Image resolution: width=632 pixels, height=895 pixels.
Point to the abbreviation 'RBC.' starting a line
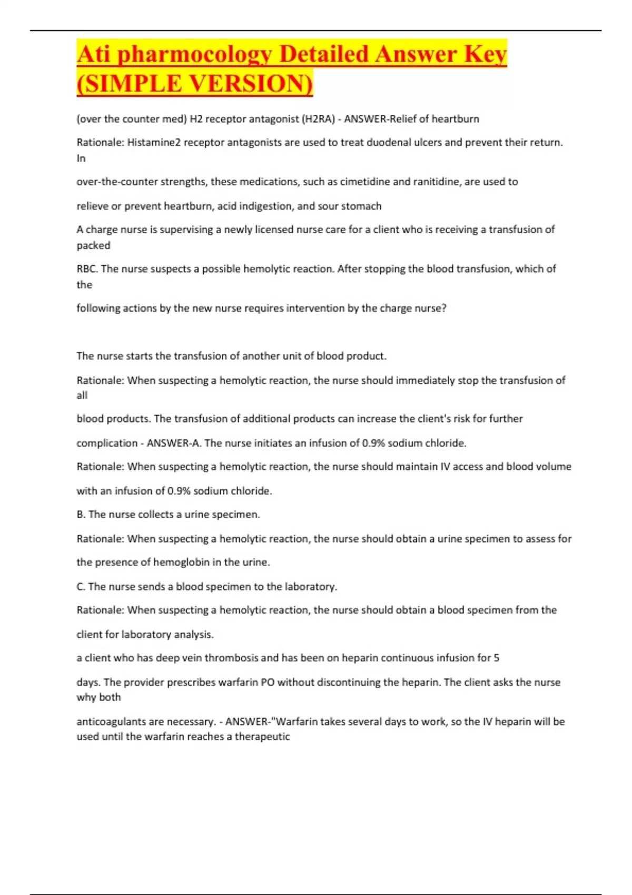point(87,269)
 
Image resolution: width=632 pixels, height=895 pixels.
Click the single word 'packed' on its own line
point(93,245)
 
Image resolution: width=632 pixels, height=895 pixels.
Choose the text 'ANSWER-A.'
point(174,443)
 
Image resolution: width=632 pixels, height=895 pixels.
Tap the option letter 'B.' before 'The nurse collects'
point(81,514)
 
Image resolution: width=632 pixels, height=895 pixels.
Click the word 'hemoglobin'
point(181,562)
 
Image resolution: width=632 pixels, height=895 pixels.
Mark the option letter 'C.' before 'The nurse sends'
point(81,586)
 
